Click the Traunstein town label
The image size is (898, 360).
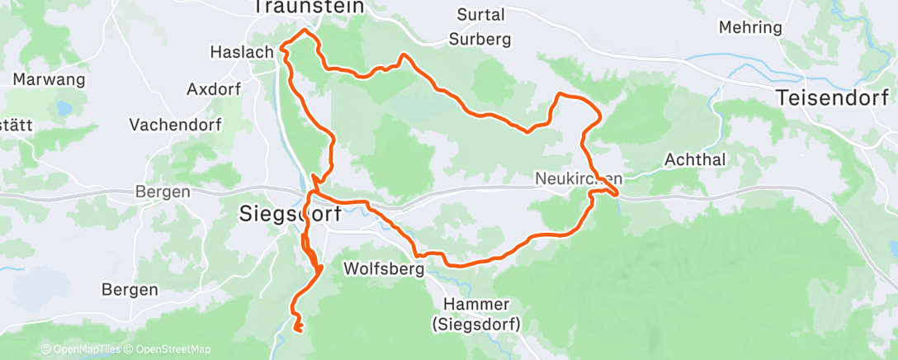tap(310, 7)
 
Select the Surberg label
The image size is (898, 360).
tap(480, 39)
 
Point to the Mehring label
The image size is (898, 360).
tap(750, 27)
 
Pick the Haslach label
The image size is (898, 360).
tap(243, 52)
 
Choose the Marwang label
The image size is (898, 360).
tap(50, 80)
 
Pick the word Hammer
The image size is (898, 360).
tap(475, 304)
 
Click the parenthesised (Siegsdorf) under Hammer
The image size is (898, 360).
tap(475, 324)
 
